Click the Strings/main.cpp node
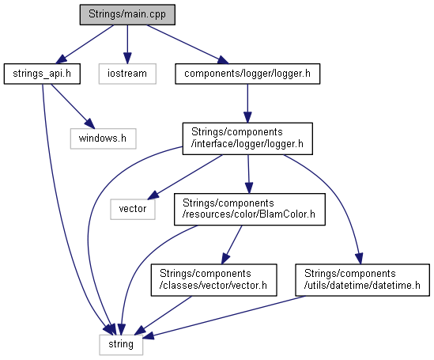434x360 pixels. pyautogui.click(x=127, y=14)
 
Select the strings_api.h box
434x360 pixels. pyautogui.click(x=42, y=74)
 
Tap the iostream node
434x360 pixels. pyautogui.click(x=127, y=74)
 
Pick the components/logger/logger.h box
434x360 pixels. pyautogui.click(x=247, y=74)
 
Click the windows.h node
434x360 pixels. pyautogui.click(x=103, y=138)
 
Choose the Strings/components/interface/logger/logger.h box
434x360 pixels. pyautogui.click(x=247, y=138)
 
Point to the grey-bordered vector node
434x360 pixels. pyautogui.click(x=133, y=209)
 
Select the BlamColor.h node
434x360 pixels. pyautogui.click(x=249, y=209)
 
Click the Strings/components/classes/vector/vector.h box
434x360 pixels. pyautogui.click(x=213, y=280)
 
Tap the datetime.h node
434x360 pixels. pyautogui.click(x=362, y=280)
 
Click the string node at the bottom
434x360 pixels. pyautogui.click(x=121, y=344)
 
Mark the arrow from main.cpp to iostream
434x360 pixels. pyautogui.click(x=127, y=44)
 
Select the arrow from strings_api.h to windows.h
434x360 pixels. pyautogui.click(x=73, y=106)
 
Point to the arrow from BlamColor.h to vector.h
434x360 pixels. pyautogui.click(x=232, y=244)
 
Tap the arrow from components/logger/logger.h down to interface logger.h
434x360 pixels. pyautogui.click(x=247, y=104)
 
